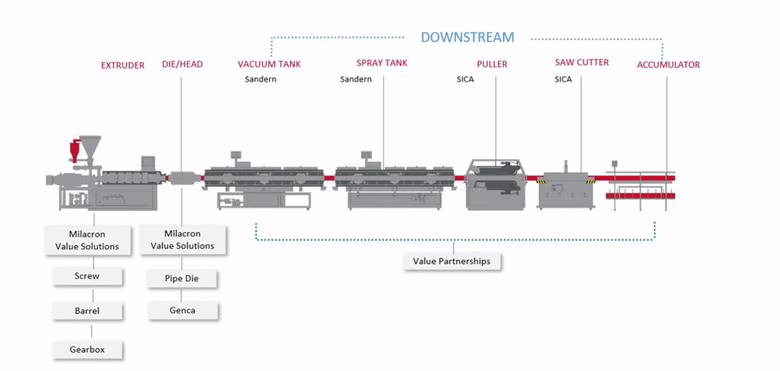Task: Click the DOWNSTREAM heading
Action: point(467,37)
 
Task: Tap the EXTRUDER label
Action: point(123,65)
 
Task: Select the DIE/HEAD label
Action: point(182,65)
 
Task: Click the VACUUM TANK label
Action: point(269,64)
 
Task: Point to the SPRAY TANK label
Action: point(382,63)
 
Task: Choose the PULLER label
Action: point(492,64)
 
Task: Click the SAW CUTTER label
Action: point(582,62)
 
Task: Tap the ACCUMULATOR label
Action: point(668,65)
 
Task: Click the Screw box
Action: point(87,276)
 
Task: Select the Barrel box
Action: point(87,311)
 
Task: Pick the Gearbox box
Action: point(87,349)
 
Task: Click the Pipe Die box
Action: point(182,279)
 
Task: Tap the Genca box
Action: point(182,310)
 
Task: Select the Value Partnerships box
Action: point(452,261)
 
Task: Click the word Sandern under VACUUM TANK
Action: point(260,79)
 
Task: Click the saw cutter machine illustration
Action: point(566,190)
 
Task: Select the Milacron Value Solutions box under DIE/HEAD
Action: point(182,240)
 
